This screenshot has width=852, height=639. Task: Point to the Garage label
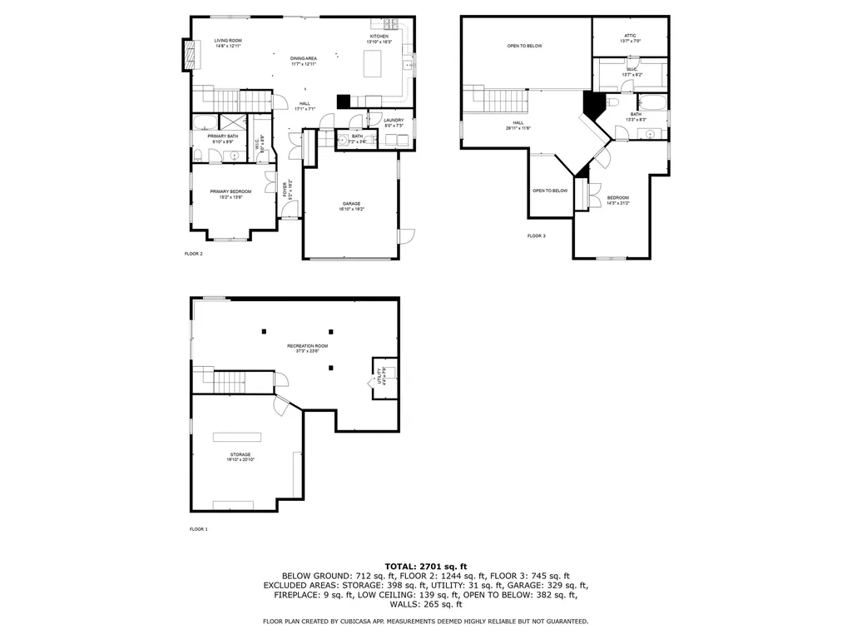[351, 206]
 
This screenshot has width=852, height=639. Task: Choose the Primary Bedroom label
[230, 194]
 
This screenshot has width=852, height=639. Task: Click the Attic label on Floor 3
[630, 37]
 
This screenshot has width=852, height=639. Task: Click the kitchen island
[379, 63]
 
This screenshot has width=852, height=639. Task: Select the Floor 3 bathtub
[656, 104]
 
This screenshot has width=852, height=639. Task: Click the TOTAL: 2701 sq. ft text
[426, 566]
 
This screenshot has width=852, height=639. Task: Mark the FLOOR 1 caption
[198, 529]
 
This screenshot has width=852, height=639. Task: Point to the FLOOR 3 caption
[536, 235]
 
